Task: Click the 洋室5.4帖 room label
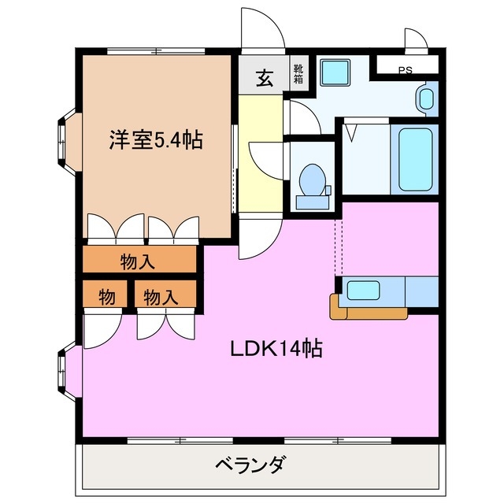[x=155, y=141]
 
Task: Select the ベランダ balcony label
[x=250, y=464]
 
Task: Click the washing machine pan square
[x=334, y=72]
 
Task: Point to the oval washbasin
[x=426, y=99]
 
